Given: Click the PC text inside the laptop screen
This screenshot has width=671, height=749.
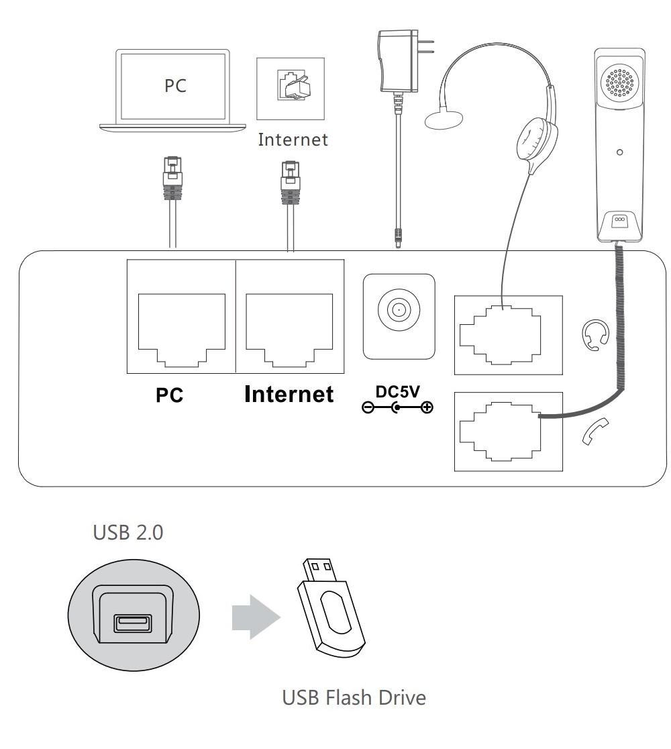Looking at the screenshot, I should coord(176,85).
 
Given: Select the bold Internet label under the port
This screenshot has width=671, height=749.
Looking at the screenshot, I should coord(289,394).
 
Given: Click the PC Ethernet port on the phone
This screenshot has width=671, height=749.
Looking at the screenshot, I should coord(181,322).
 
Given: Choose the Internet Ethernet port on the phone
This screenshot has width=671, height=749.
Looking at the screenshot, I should coord(289,322).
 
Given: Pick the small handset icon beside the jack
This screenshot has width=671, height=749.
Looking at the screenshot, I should coord(595,432).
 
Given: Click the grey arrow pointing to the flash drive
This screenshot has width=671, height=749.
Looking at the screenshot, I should coord(254,615).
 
